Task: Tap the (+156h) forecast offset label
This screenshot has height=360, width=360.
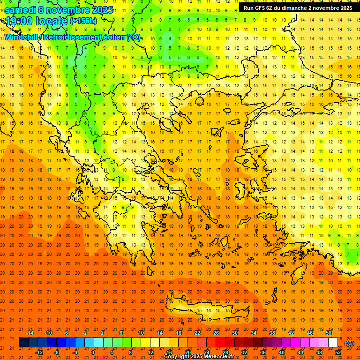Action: pos(83,21)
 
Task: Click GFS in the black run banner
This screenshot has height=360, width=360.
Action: pos(261,8)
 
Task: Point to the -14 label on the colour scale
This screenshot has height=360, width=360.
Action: pos(30,333)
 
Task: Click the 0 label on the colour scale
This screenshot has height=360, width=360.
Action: pos(93,352)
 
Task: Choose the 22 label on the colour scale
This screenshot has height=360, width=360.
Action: pos(197,333)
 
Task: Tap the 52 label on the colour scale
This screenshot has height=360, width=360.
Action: pos(338,352)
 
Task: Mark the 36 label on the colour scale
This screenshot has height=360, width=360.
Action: pos(263,352)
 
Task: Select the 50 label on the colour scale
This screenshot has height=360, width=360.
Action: pos(329,333)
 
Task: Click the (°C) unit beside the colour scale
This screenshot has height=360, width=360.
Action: pos(349,343)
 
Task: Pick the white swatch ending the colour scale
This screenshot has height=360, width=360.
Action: pos(333,343)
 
